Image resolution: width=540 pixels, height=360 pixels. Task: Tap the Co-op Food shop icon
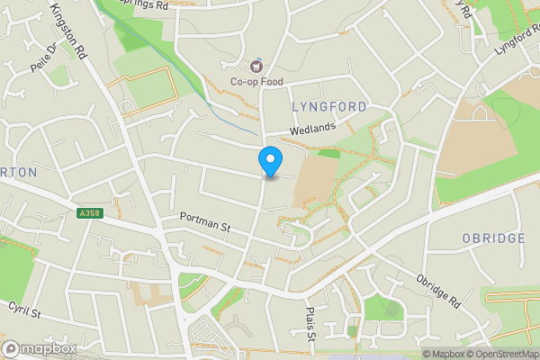click(x=256, y=65)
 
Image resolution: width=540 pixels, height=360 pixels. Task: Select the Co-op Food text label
click(x=256, y=82)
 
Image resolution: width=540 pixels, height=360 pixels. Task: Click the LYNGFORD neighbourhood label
click(x=329, y=107)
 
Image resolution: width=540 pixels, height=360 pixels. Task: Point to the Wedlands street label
click(x=312, y=128)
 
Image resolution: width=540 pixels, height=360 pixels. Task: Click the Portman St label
click(x=205, y=221)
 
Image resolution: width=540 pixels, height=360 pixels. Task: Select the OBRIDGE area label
click(x=493, y=238)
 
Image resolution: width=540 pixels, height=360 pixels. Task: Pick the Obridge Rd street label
click(x=439, y=289)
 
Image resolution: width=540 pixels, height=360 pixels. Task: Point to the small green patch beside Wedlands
click(x=329, y=153)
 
